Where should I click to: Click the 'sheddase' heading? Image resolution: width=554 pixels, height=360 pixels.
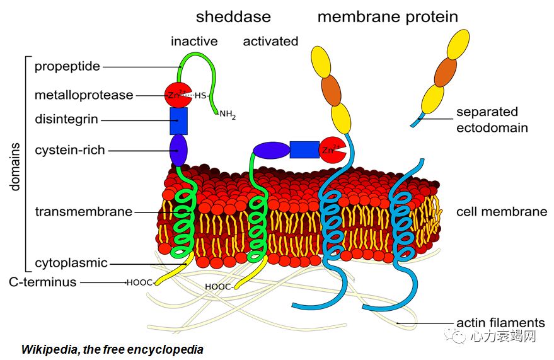[x=233, y=16]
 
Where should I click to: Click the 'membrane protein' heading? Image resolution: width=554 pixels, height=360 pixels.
[x=387, y=16]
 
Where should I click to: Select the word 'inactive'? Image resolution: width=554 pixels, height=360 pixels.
[x=194, y=42]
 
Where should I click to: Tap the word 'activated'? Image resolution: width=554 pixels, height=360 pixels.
[x=270, y=42]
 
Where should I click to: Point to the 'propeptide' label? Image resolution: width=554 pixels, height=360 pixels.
[x=67, y=66]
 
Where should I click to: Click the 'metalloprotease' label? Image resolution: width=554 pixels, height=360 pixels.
[x=84, y=95]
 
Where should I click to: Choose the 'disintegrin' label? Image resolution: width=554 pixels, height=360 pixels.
[x=66, y=119]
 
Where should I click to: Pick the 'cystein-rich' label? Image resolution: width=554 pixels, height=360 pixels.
[x=69, y=150]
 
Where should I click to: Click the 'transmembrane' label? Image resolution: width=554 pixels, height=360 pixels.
[x=83, y=212]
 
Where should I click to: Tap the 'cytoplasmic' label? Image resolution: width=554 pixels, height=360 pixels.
[x=71, y=263]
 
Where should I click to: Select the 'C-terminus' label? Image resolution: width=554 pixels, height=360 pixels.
[x=43, y=282]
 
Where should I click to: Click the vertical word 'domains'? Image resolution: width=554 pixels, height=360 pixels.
[x=15, y=166]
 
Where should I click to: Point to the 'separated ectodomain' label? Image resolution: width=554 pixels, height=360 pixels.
[x=492, y=120]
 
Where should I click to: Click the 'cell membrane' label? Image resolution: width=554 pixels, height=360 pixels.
[x=502, y=212]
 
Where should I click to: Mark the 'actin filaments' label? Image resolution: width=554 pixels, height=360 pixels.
[x=500, y=323]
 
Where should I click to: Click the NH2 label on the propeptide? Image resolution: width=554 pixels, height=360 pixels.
[x=227, y=115]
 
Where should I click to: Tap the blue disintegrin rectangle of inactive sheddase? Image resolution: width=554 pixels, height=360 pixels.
[x=179, y=120]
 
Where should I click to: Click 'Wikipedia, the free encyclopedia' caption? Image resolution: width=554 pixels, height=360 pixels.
[x=112, y=349]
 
